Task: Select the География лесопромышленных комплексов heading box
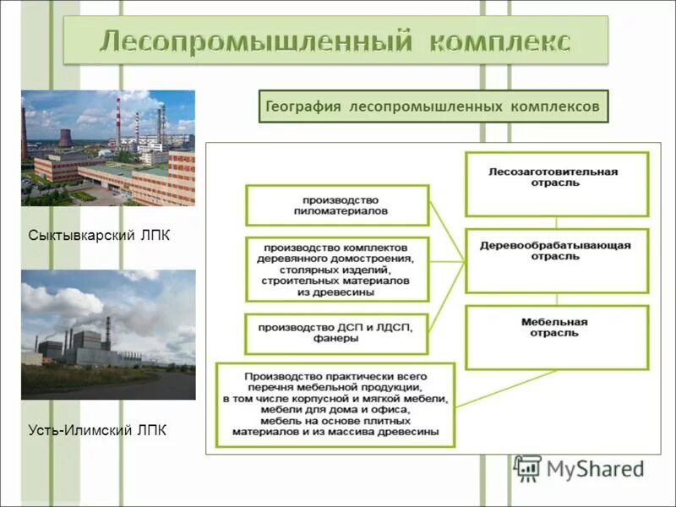tap(433, 107)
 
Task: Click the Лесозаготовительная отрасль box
tap(556, 183)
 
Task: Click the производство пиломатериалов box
tap(336, 205)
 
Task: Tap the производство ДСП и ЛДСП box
tap(336, 333)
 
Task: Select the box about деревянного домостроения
tap(336, 269)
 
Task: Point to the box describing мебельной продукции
tap(335, 404)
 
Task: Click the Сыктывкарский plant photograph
tap(107, 148)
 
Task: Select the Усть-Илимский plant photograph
tap(107, 334)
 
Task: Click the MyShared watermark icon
tap(528, 468)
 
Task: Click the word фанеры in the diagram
tap(336, 338)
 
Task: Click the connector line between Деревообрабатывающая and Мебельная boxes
tap(556, 299)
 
